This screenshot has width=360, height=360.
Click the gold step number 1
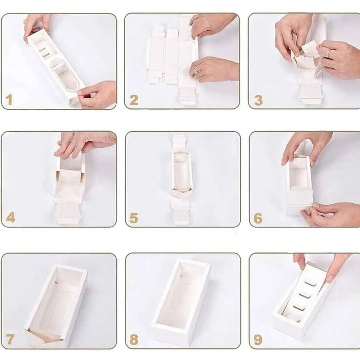[9, 100]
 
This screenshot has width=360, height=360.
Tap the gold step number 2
[134, 100]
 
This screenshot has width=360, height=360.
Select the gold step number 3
[258, 100]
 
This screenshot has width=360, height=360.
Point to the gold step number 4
[11, 217]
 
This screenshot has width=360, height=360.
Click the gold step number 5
[134, 218]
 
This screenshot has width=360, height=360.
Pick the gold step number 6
[258, 218]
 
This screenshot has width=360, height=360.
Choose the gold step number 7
[10, 339]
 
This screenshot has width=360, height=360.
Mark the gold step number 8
[134, 339]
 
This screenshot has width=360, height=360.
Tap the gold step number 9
[258, 340]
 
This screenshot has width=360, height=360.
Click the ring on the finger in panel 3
[329, 53]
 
